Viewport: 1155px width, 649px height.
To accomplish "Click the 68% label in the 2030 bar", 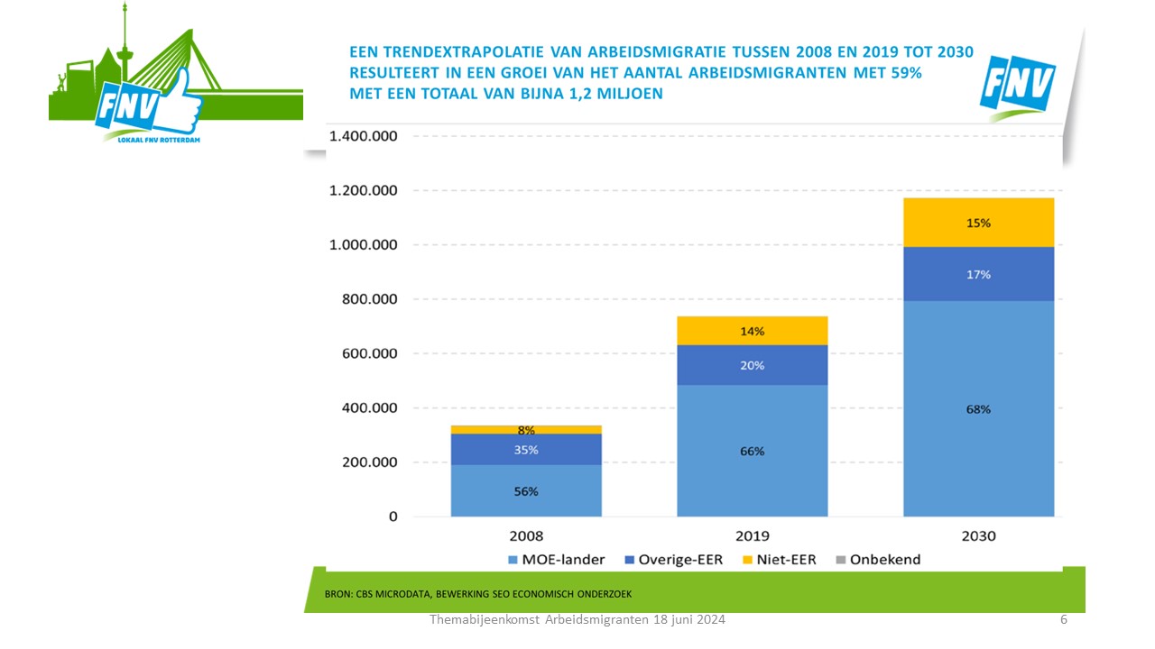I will (978, 409).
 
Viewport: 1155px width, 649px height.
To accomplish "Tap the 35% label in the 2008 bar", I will (526, 450).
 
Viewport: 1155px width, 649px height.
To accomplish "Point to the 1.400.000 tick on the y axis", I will (364, 136).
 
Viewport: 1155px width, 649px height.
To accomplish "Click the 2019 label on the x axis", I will (752, 535).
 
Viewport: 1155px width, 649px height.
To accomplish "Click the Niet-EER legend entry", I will (780, 560).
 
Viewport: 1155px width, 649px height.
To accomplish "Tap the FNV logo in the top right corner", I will (1017, 86).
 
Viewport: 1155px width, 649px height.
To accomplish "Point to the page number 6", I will (1064, 620).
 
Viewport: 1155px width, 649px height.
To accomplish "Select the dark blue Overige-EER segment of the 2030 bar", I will (978, 273).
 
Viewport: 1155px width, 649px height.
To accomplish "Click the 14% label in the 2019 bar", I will (752, 332).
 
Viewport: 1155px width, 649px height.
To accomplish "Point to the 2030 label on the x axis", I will (978, 535).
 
